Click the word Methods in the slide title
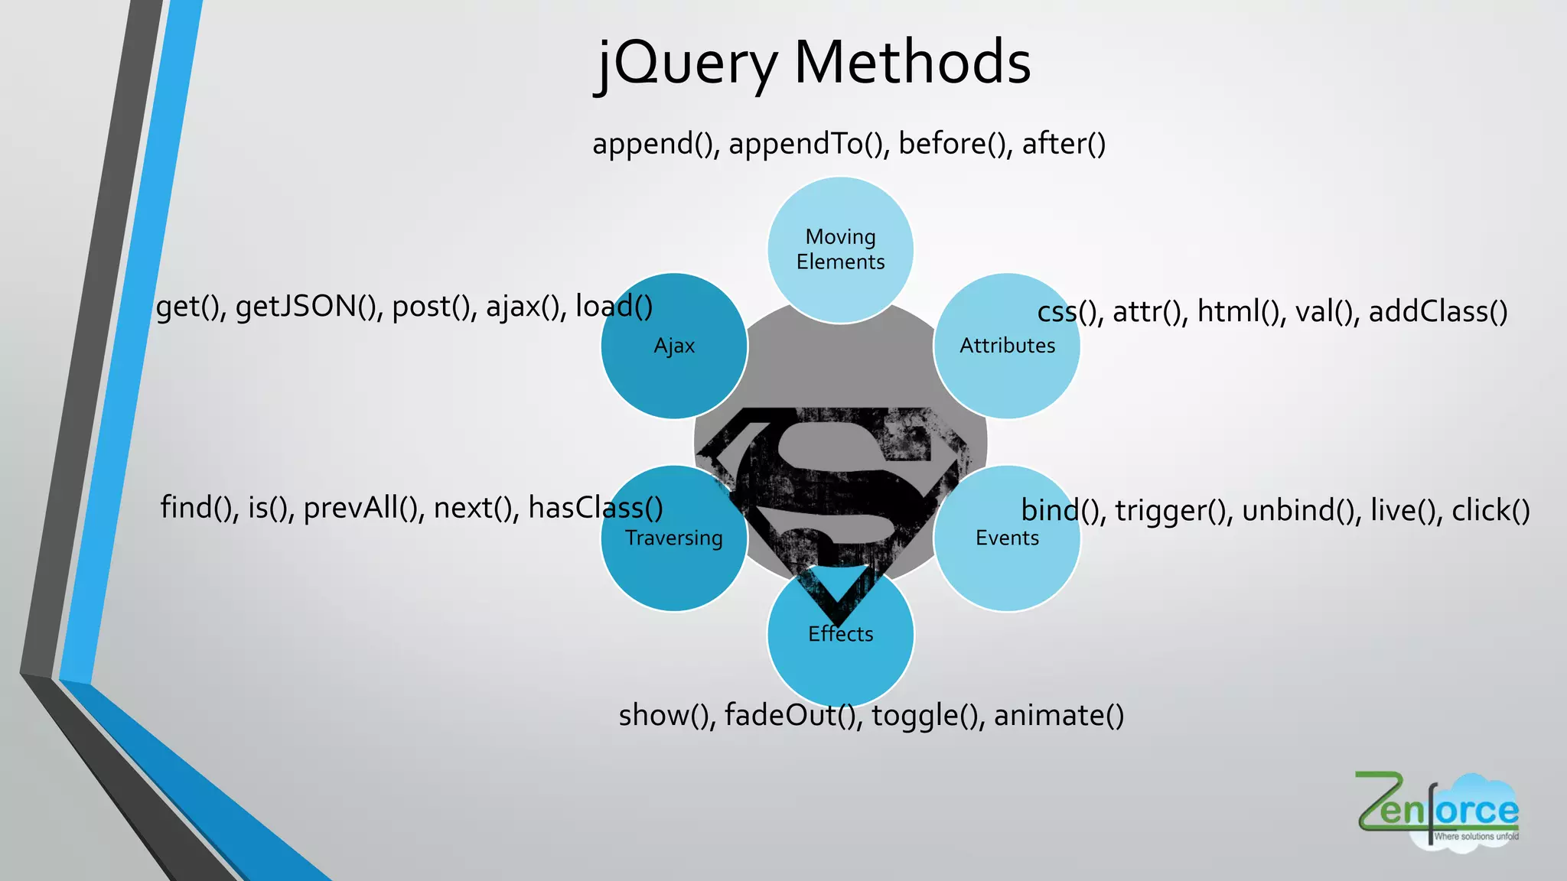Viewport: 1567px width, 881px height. tap(912, 63)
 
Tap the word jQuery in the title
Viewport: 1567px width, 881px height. tap(686, 64)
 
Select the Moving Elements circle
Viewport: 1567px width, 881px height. tap(840, 249)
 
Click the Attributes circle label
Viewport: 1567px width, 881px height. tap(1007, 346)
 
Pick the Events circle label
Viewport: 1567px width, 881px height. tap(1007, 538)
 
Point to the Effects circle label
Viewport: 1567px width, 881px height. tap(840, 634)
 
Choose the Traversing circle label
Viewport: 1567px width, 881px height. tap(673, 538)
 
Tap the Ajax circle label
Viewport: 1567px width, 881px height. tap(674, 346)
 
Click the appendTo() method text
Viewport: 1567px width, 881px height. tap(808, 145)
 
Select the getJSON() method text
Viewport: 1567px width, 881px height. tap(308, 307)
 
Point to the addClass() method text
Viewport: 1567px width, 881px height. tap(1438, 312)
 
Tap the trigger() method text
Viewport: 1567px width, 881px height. tap(1173, 511)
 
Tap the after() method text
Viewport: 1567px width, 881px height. tap(1064, 145)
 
